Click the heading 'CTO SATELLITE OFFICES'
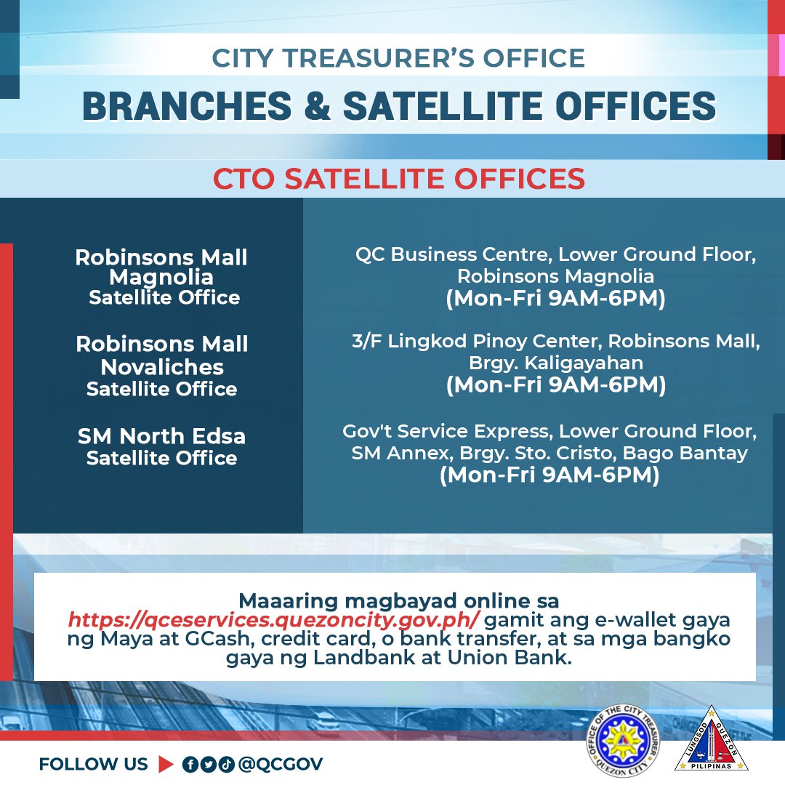[x=398, y=179]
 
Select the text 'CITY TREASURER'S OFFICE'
[x=398, y=59]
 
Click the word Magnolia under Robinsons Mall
[x=161, y=278]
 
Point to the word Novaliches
[x=162, y=367]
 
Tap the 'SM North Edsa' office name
[x=162, y=437]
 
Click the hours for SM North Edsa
[x=549, y=476]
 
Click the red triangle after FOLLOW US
[x=165, y=764]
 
